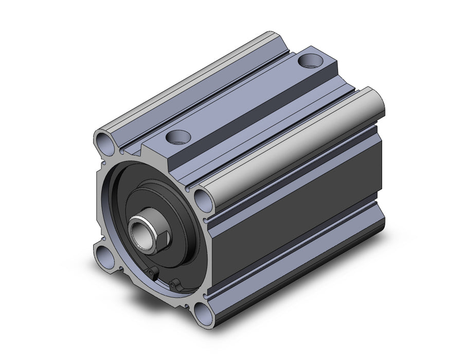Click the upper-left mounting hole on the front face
coord(102,140)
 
